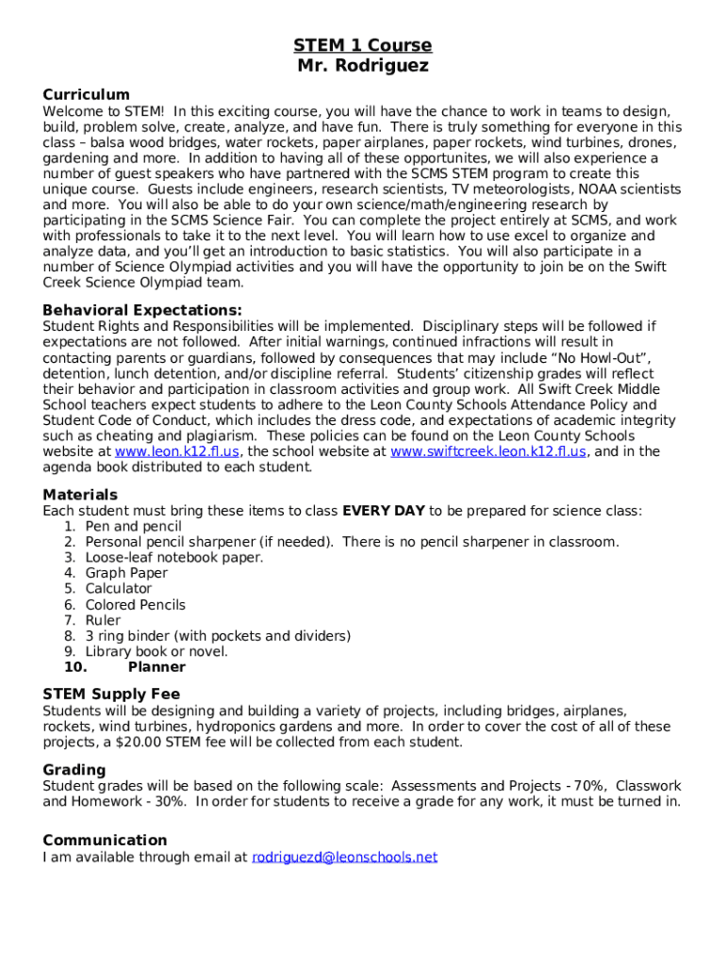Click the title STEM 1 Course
(x=362, y=45)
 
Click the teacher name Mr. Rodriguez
(x=362, y=66)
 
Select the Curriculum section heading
(x=86, y=94)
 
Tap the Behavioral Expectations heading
(x=142, y=310)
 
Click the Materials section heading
(x=80, y=495)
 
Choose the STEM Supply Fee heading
(x=111, y=695)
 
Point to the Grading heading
(x=74, y=770)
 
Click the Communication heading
(x=105, y=840)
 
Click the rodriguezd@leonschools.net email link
(x=344, y=857)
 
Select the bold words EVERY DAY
(x=383, y=511)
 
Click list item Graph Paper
(x=126, y=573)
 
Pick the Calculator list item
(x=118, y=589)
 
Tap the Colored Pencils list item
(x=135, y=605)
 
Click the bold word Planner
(x=157, y=667)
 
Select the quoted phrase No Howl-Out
(x=596, y=358)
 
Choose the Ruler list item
(x=103, y=620)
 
